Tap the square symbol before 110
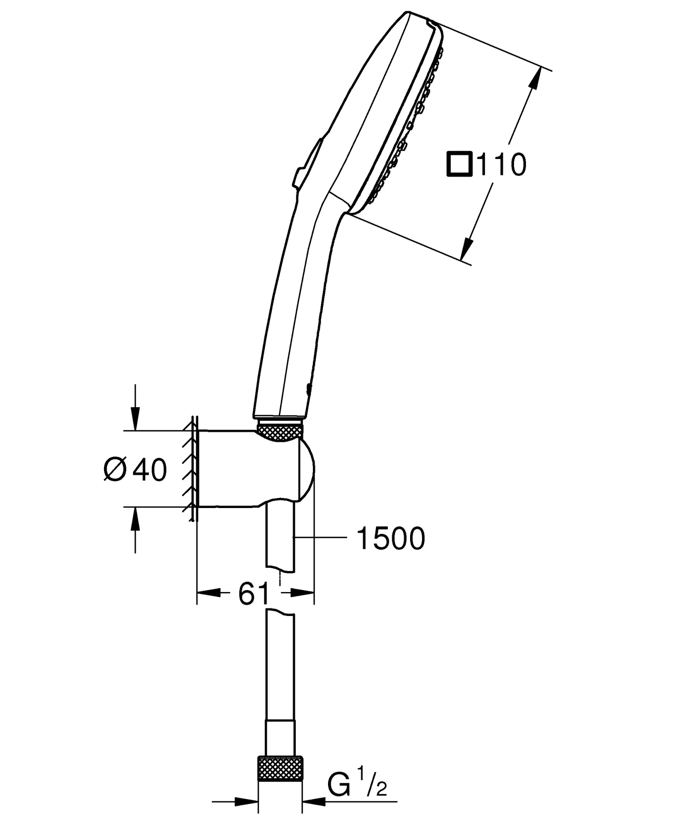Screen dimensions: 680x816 (459, 164)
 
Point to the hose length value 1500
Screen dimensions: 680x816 (391, 538)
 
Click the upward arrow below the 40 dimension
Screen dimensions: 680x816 (135, 519)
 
